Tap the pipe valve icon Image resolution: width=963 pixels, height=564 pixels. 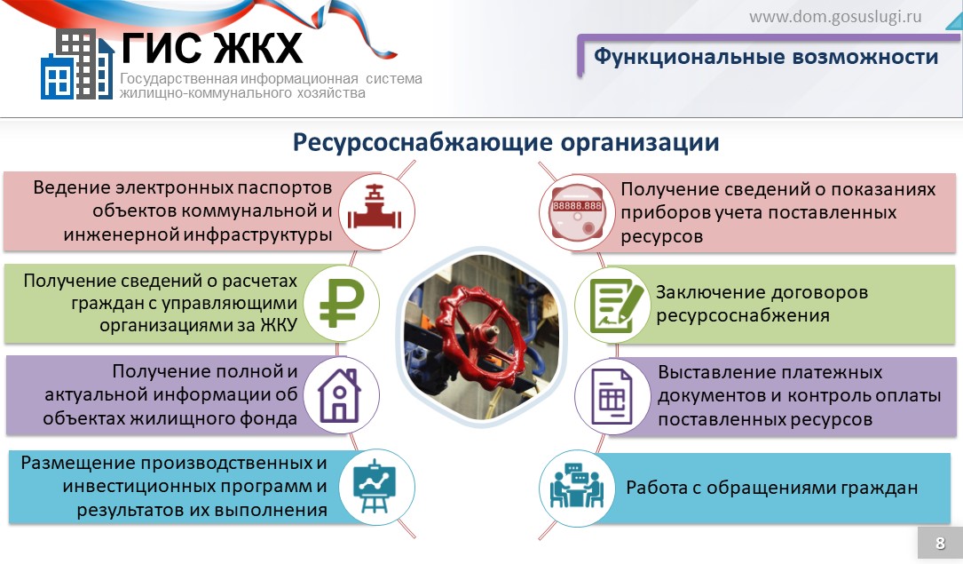pos(375,208)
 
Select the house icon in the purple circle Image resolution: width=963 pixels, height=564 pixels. pos(339,395)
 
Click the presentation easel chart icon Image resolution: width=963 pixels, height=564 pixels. pos(375,486)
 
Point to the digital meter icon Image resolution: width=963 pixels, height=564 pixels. pos(577,211)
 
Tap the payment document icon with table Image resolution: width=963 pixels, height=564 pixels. pos(612,397)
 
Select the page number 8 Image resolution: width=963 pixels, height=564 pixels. pos(940,543)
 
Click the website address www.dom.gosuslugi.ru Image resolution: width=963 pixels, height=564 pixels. pos(835,17)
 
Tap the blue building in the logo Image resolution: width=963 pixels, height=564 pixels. pos(57,76)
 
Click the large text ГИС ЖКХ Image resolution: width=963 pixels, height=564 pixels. pos(211,47)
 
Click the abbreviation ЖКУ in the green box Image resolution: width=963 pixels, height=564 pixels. pos(278,325)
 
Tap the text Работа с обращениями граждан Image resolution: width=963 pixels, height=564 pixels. pos(771,488)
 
